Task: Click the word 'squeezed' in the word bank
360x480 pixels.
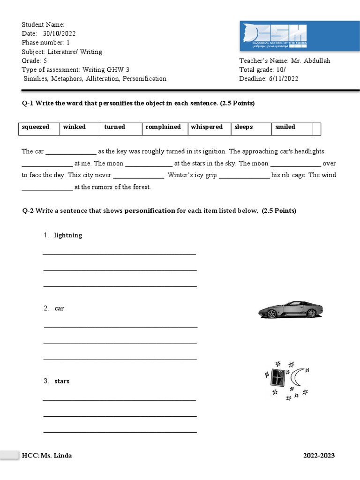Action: pyautogui.click(x=36, y=127)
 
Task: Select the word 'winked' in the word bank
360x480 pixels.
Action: pyautogui.click(x=74, y=127)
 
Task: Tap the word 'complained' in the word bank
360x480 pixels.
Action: pyautogui.click(x=163, y=127)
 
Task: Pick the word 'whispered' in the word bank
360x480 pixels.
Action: pyautogui.click(x=206, y=127)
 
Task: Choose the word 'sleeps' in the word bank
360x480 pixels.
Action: pyautogui.click(x=243, y=127)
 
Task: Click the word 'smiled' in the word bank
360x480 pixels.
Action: pyautogui.click(x=285, y=127)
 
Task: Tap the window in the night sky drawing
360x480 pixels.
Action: pyautogui.click(x=277, y=378)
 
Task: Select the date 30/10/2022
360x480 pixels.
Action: pyautogui.click(x=59, y=34)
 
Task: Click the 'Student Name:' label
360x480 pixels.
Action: pyautogui.click(x=43, y=25)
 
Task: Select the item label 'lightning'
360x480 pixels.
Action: pyautogui.click(x=68, y=235)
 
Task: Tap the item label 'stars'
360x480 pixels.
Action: pyautogui.click(x=62, y=381)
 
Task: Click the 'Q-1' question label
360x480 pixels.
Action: pyautogui.click(x=28, y=103)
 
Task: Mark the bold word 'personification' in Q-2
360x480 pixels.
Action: pyautogui.click(x=149, y=211)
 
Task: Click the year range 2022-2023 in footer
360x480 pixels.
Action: pyautogui.click(x=319, y=456)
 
